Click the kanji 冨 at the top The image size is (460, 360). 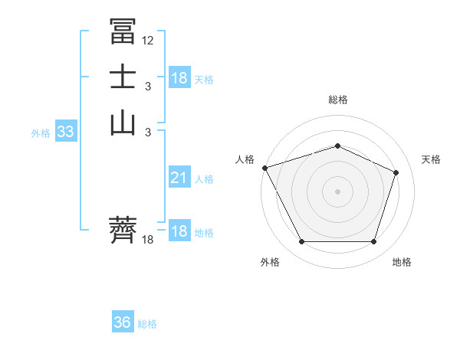click(123, 31)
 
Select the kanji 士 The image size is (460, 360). click(123, 78)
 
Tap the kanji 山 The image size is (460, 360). click(123, 123)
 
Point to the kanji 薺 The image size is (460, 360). click(123, 229)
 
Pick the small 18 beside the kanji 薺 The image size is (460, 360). click(148, 240)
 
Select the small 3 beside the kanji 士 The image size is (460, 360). click(147, 87)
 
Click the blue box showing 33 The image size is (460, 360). click(65, 132)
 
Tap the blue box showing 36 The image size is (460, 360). click(122, 322)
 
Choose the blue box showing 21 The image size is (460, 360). click(179, 178)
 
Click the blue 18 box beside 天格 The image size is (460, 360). click(179, 77)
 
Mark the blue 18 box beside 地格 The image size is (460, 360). click(179, 231)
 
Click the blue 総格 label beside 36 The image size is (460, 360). click(147, 324)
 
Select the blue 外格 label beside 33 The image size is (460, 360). click(41, 133)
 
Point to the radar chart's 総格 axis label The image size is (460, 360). click(337, 100)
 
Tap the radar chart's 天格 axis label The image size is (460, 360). click(431, 159)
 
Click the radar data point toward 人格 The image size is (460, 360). click(264, 168)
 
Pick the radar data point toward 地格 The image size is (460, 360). click(373, 242)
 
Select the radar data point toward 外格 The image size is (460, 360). click(301, 242)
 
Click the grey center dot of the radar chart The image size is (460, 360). click(337, 191)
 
